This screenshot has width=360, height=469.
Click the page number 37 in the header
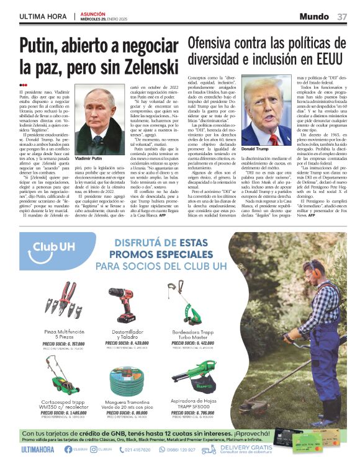point(341,16)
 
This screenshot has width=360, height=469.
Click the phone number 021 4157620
point(147,449)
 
